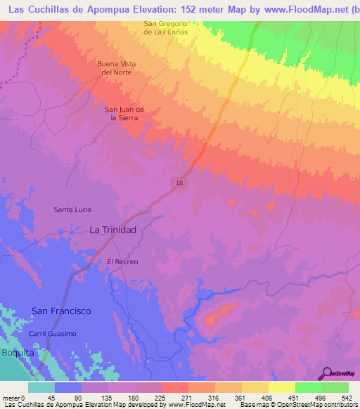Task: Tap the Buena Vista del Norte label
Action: pos(116,67)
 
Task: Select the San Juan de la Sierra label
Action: pos(124,114)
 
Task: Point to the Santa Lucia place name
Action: pos(73,209)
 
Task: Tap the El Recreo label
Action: pos(122,261)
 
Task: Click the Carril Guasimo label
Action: pos(52,333)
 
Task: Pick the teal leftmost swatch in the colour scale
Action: pos(41,387)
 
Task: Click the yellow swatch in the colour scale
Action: pos(281,387)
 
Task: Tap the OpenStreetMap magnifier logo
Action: pos(325,372)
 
